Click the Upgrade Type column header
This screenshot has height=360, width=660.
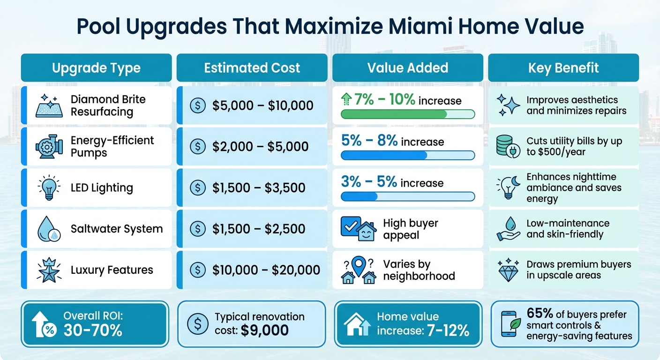pos(96,68)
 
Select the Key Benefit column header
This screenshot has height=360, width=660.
pos(563,68)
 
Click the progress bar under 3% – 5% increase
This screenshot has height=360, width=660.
pos(407,197)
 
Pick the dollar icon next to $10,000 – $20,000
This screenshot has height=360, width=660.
pos(197,270)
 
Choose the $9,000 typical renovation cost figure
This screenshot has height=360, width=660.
pos(265,331)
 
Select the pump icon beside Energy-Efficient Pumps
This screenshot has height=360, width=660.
pos(49,147)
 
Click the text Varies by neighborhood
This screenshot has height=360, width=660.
pos(419,270)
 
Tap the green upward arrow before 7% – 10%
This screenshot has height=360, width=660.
pos(347,99)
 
